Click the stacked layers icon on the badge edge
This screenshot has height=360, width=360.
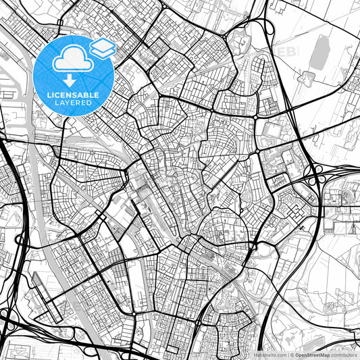pyautogui.click(x=102, y=47)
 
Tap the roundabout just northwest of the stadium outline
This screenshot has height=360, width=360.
pyautogui.click(x=257, y=117)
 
